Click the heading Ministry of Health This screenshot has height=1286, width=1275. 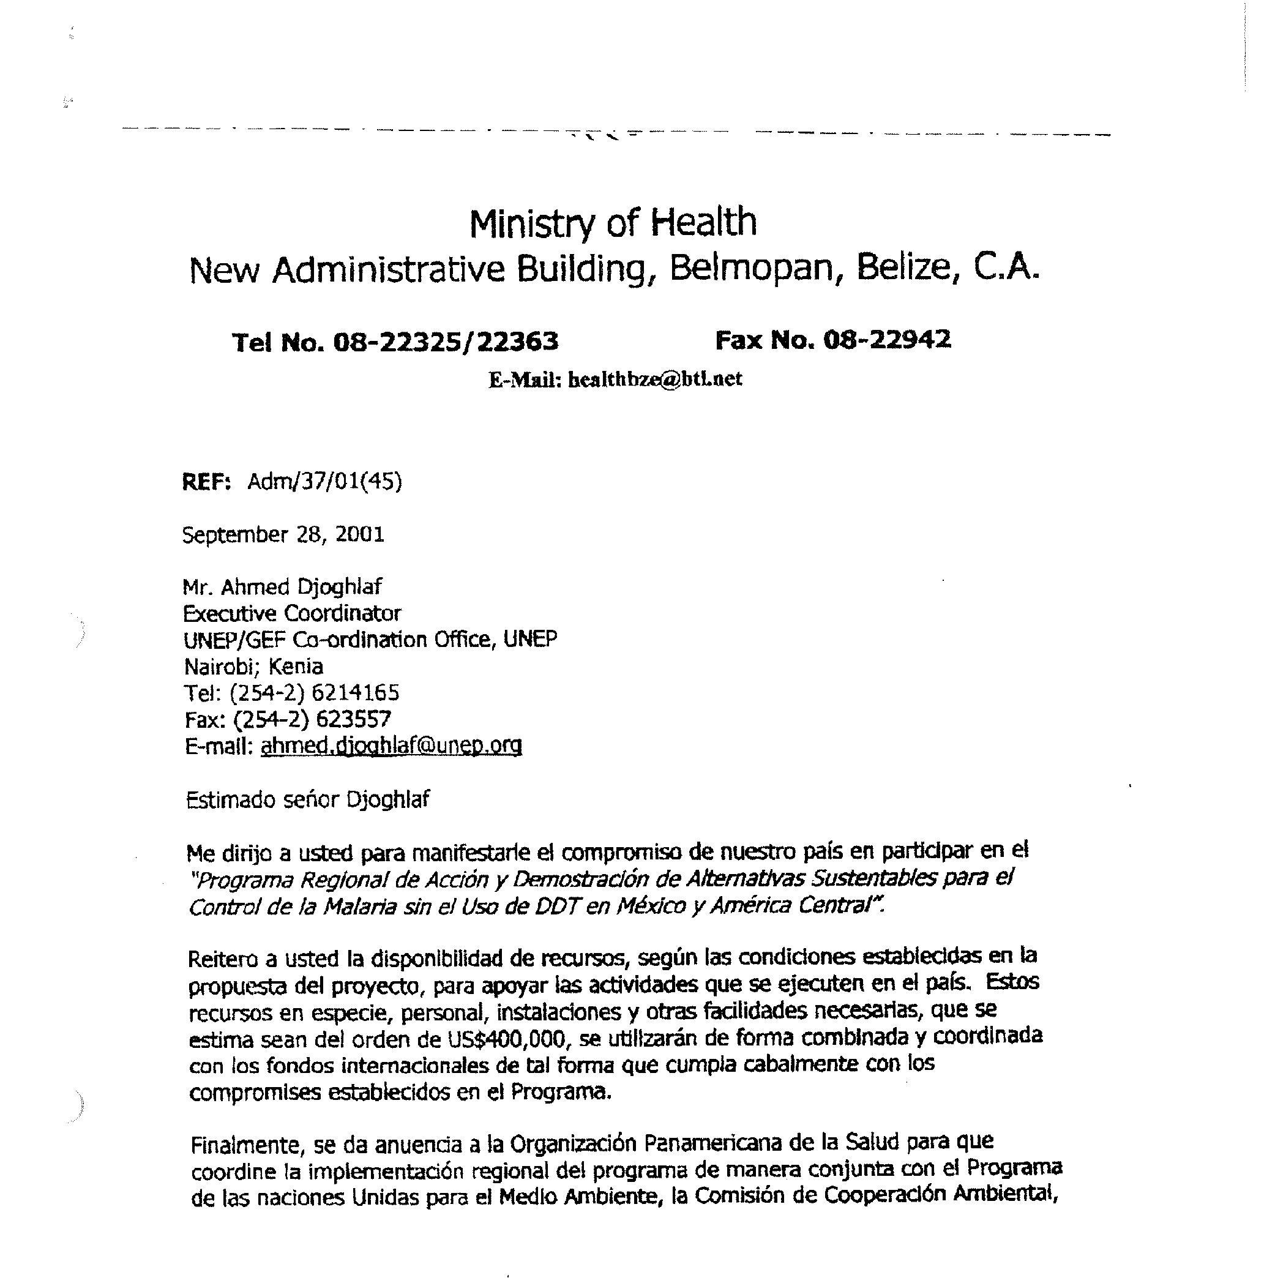pos(613,223)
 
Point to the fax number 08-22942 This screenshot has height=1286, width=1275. pos(887,340)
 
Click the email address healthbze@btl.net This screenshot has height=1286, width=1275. pos(654,379)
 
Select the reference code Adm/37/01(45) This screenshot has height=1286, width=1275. pos(325,481)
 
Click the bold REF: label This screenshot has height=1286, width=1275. pos(206,482)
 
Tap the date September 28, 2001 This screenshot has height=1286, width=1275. pos(283,534)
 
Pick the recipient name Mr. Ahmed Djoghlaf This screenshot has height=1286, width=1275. pos(282,587)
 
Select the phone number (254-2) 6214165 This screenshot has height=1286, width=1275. pos(314,693)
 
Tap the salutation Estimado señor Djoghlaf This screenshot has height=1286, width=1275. pos(308,799)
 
